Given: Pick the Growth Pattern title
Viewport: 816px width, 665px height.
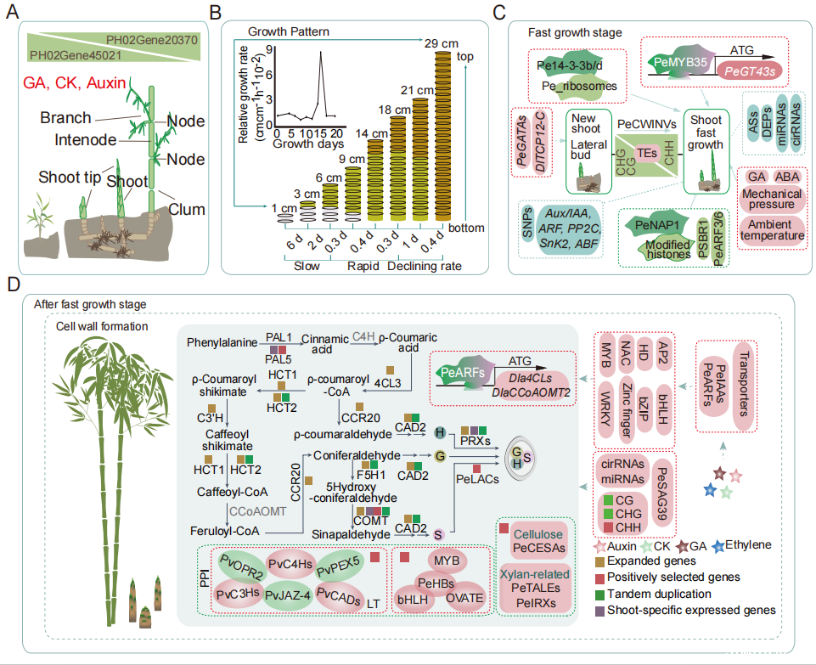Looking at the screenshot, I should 289,31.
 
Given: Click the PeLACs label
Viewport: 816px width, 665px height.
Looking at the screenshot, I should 476,480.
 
